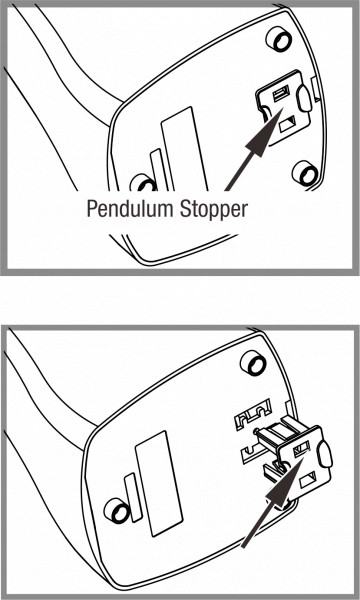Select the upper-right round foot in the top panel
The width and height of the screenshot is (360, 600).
(x=279, y=39)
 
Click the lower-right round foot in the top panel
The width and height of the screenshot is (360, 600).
(x=305, y=173)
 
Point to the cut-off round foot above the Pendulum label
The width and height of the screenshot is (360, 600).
(x=143, y=183)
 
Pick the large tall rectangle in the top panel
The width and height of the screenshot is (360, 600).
(x=185, y=149)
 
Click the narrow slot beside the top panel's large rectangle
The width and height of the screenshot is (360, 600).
(x=158, y=170)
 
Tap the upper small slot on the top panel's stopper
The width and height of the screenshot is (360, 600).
(x=282, y=94)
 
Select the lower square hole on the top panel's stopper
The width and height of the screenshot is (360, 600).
(x=287, y=125)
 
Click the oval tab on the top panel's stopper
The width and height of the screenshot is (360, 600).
(x=305, y=98)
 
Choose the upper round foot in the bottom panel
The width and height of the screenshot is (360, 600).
(x=253, y=363)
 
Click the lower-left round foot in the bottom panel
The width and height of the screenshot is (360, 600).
(x=117, y=510)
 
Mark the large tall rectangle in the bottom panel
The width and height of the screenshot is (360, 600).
(x=159, y=484)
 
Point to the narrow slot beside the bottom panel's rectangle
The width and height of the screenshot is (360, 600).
(x=133, y=497)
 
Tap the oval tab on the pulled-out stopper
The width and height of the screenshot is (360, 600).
(x=325, y=454)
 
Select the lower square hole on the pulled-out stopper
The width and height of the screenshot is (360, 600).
(x=308, y=480)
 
